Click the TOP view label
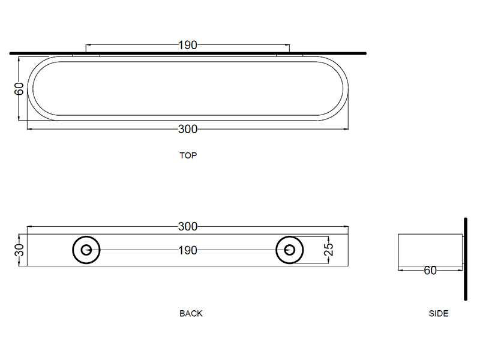[x=188, y=155]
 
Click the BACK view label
[x=191, y=313]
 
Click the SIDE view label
[x=439, y=313]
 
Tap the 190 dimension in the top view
[x=188, y=45]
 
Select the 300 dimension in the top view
[x=188, y=129]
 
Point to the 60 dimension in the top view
[x=19, y=89]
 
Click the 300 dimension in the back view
[x=188, y=227]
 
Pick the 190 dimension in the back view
[x=188, y=250]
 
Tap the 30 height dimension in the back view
[x=19, y=250]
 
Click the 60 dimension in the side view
[x=430, y=271]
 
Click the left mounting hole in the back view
[x=86, y=250]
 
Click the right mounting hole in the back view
[x=290, y=250]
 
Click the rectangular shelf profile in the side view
[x=429, y=249]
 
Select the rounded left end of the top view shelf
[x=36, y=89]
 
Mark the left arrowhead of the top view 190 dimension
[x=89, y=45]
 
